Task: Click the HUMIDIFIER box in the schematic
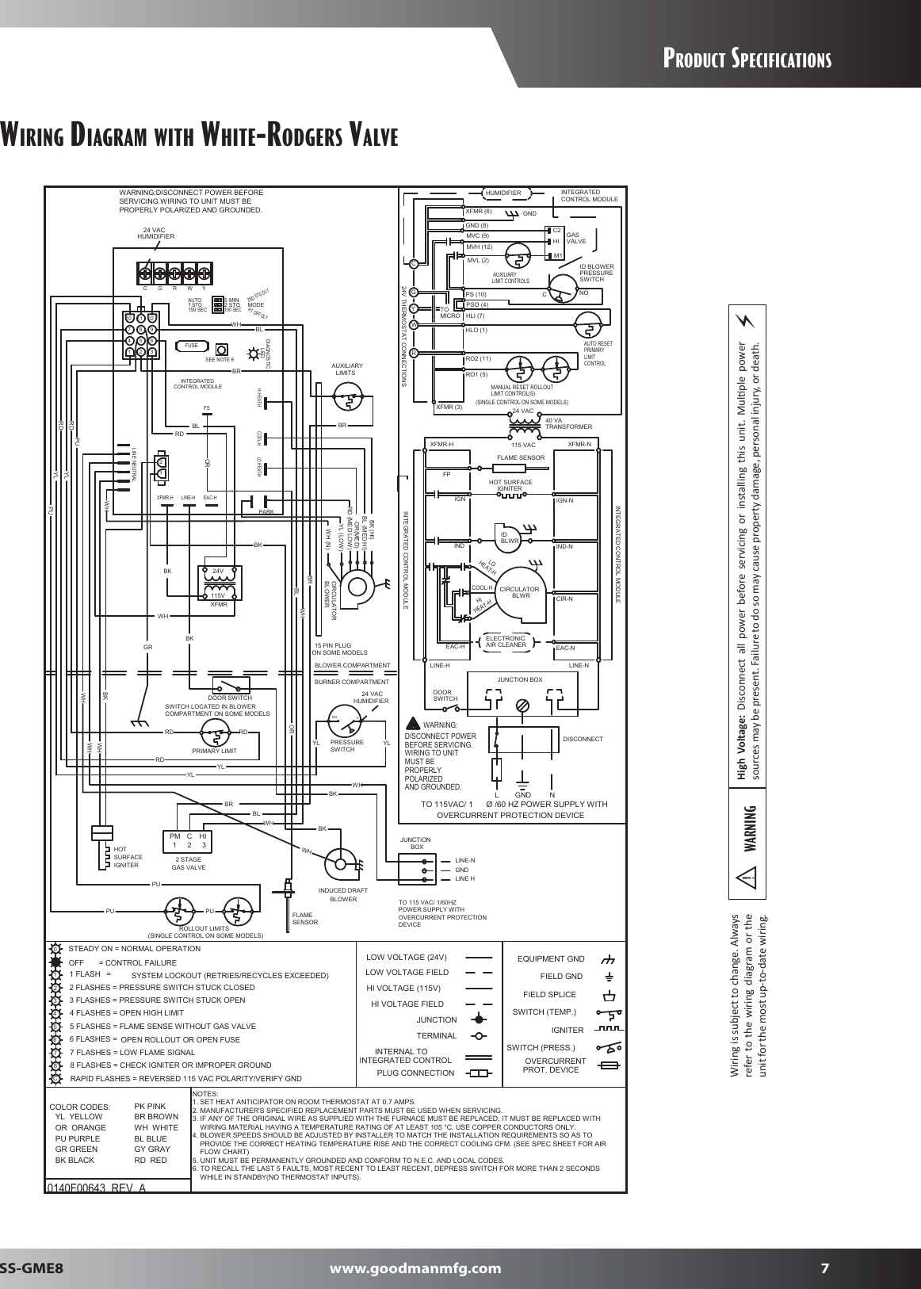[x=503, y=193]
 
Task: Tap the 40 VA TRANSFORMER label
[x=568, y=423]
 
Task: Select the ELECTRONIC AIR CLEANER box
[x=506, y=642]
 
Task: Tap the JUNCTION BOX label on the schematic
[x=519, y=679]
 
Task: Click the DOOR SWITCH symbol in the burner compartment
[x=230, y=687]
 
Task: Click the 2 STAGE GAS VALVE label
[x=189, y=863]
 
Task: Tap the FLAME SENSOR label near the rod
[x=305, y=918]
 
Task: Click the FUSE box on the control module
[x=190, y=346]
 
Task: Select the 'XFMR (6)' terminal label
[x=479, y=212]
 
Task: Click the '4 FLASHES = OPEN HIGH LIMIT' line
[x=127, y=1012]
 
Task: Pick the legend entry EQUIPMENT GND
[x=551, y=958]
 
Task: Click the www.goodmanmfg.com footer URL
[x=415, y=1267]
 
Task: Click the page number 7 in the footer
[x=824, y=1267]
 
